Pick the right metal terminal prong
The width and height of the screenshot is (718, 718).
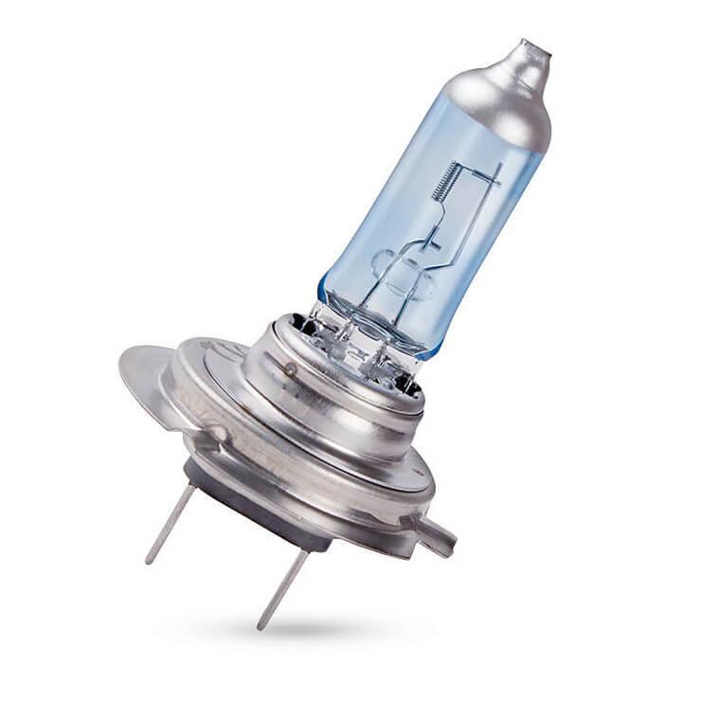284,587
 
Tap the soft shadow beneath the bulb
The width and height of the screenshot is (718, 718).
313,630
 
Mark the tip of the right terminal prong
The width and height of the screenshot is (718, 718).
260,626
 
